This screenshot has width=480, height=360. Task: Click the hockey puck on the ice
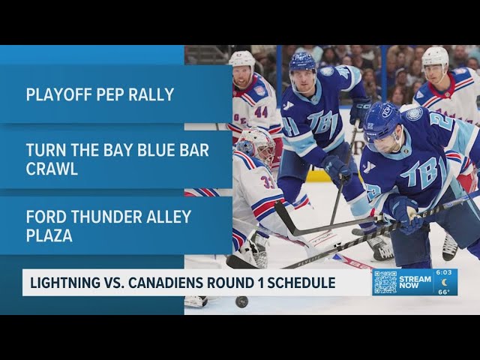coord(241,301)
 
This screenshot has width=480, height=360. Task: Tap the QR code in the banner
coord(385,282)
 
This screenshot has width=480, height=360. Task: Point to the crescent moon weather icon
coord(445,283)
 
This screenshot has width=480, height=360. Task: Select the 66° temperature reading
coord(445,291)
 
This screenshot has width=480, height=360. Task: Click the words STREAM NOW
coord(415,283)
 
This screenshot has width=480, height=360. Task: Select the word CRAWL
coord(52,169)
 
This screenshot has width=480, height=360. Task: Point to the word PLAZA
coord(51,235)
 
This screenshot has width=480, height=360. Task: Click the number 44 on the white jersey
coord(260,112)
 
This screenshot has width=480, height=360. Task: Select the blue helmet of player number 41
coord(302,61)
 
